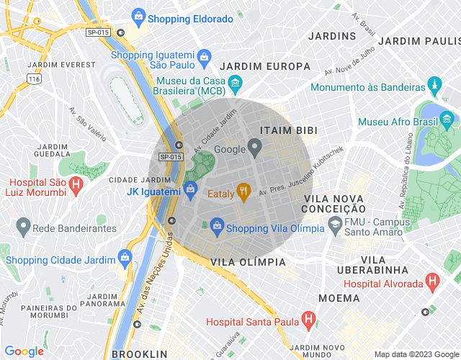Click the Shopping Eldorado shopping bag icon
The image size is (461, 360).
[x=138, y=14]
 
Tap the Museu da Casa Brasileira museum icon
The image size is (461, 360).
[x=235, y=86]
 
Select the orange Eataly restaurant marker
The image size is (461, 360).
[x=243, y=192]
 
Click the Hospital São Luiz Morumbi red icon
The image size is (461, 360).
[x=76, y=186]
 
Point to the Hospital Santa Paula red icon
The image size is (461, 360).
[x=308, y=318]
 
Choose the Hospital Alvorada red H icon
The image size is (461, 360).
[x=431, y=282]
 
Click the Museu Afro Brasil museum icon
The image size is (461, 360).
[x=447, y=118]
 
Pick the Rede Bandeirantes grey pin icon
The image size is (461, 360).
[x=22, y=228]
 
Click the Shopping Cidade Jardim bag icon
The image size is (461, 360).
[x=125, y=256]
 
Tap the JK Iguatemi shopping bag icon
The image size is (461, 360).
[x=190, y=190]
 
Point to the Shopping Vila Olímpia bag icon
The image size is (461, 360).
[x=217, y=227]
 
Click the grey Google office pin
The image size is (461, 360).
[x=256, y=149]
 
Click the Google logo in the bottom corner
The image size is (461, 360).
[x=24, y=351]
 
